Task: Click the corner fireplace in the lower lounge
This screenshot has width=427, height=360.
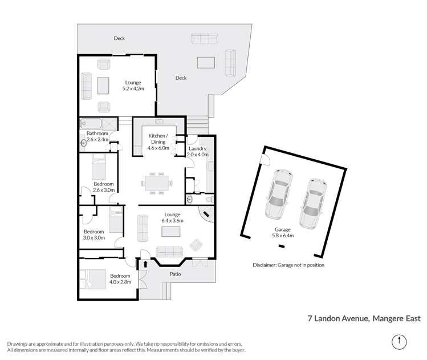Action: pos(206,215)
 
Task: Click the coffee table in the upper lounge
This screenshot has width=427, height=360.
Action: pos(104,86)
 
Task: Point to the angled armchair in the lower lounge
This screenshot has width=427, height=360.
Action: pos(196,244)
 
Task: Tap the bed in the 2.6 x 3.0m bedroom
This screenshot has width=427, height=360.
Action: pos(100,168)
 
